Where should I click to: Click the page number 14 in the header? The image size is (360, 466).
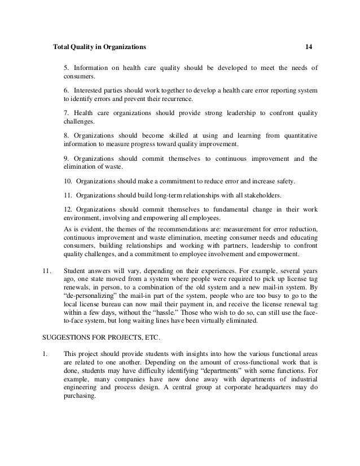[x=308, y=46]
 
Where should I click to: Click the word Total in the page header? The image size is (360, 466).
[x=60, y=46]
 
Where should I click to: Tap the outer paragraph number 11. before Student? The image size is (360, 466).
[x=48, y=270]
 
